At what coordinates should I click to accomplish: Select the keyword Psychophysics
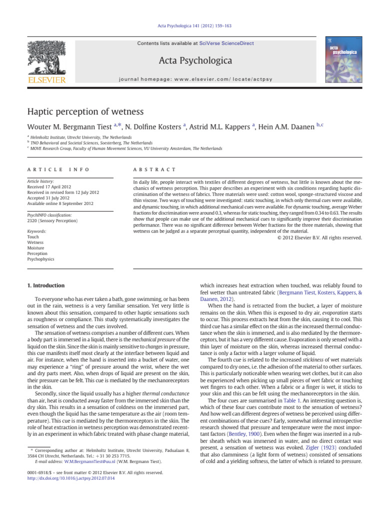[x=40, y=259]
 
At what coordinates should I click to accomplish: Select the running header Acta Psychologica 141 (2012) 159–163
[x=192, y=25]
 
